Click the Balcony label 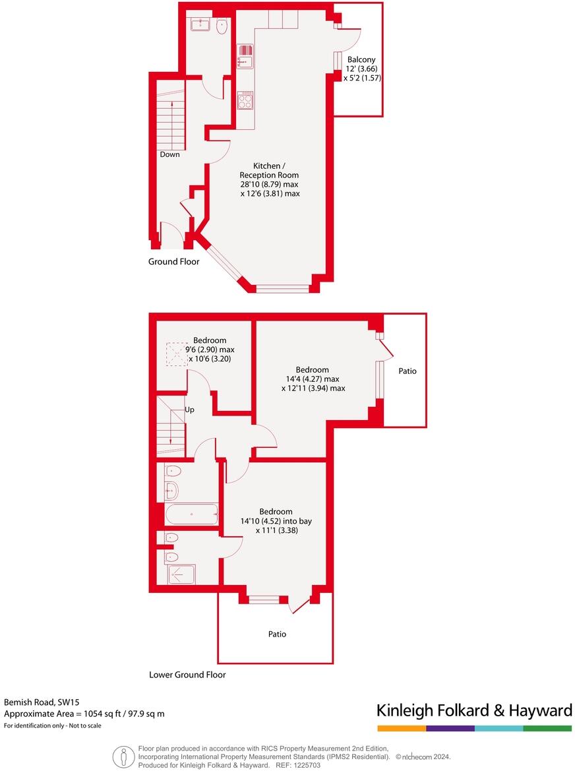pyautogui.click(x=361, y=59)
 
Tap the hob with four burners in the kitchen pyautogui.click(x=245, y=100)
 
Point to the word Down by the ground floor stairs pyautogui.click(x=169, y=154)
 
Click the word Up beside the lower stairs pyautogui.click(x=190, y=410)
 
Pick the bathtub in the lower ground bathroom pyautogui.click(x=191, y=514)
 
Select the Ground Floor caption pyautogui.click(x=173, y=262)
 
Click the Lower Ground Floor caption pyautogui.click(x=187, y=675)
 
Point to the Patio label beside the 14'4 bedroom pyautogui.click(x=408, y=371)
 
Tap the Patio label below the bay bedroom pyautogui.click(x=277, y=634)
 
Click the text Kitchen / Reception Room pyautogui.click(x=270, y=171)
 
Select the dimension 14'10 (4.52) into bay pyautogui.click(x=276, y=520)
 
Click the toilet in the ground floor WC pyautogui.click(x=222, y=26)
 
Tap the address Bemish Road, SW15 pyautogui.click(x=37, y=702)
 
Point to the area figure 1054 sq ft pyautogui.click(x=102, y=714)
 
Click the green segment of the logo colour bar pyautogui.click(x=547, y=728)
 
